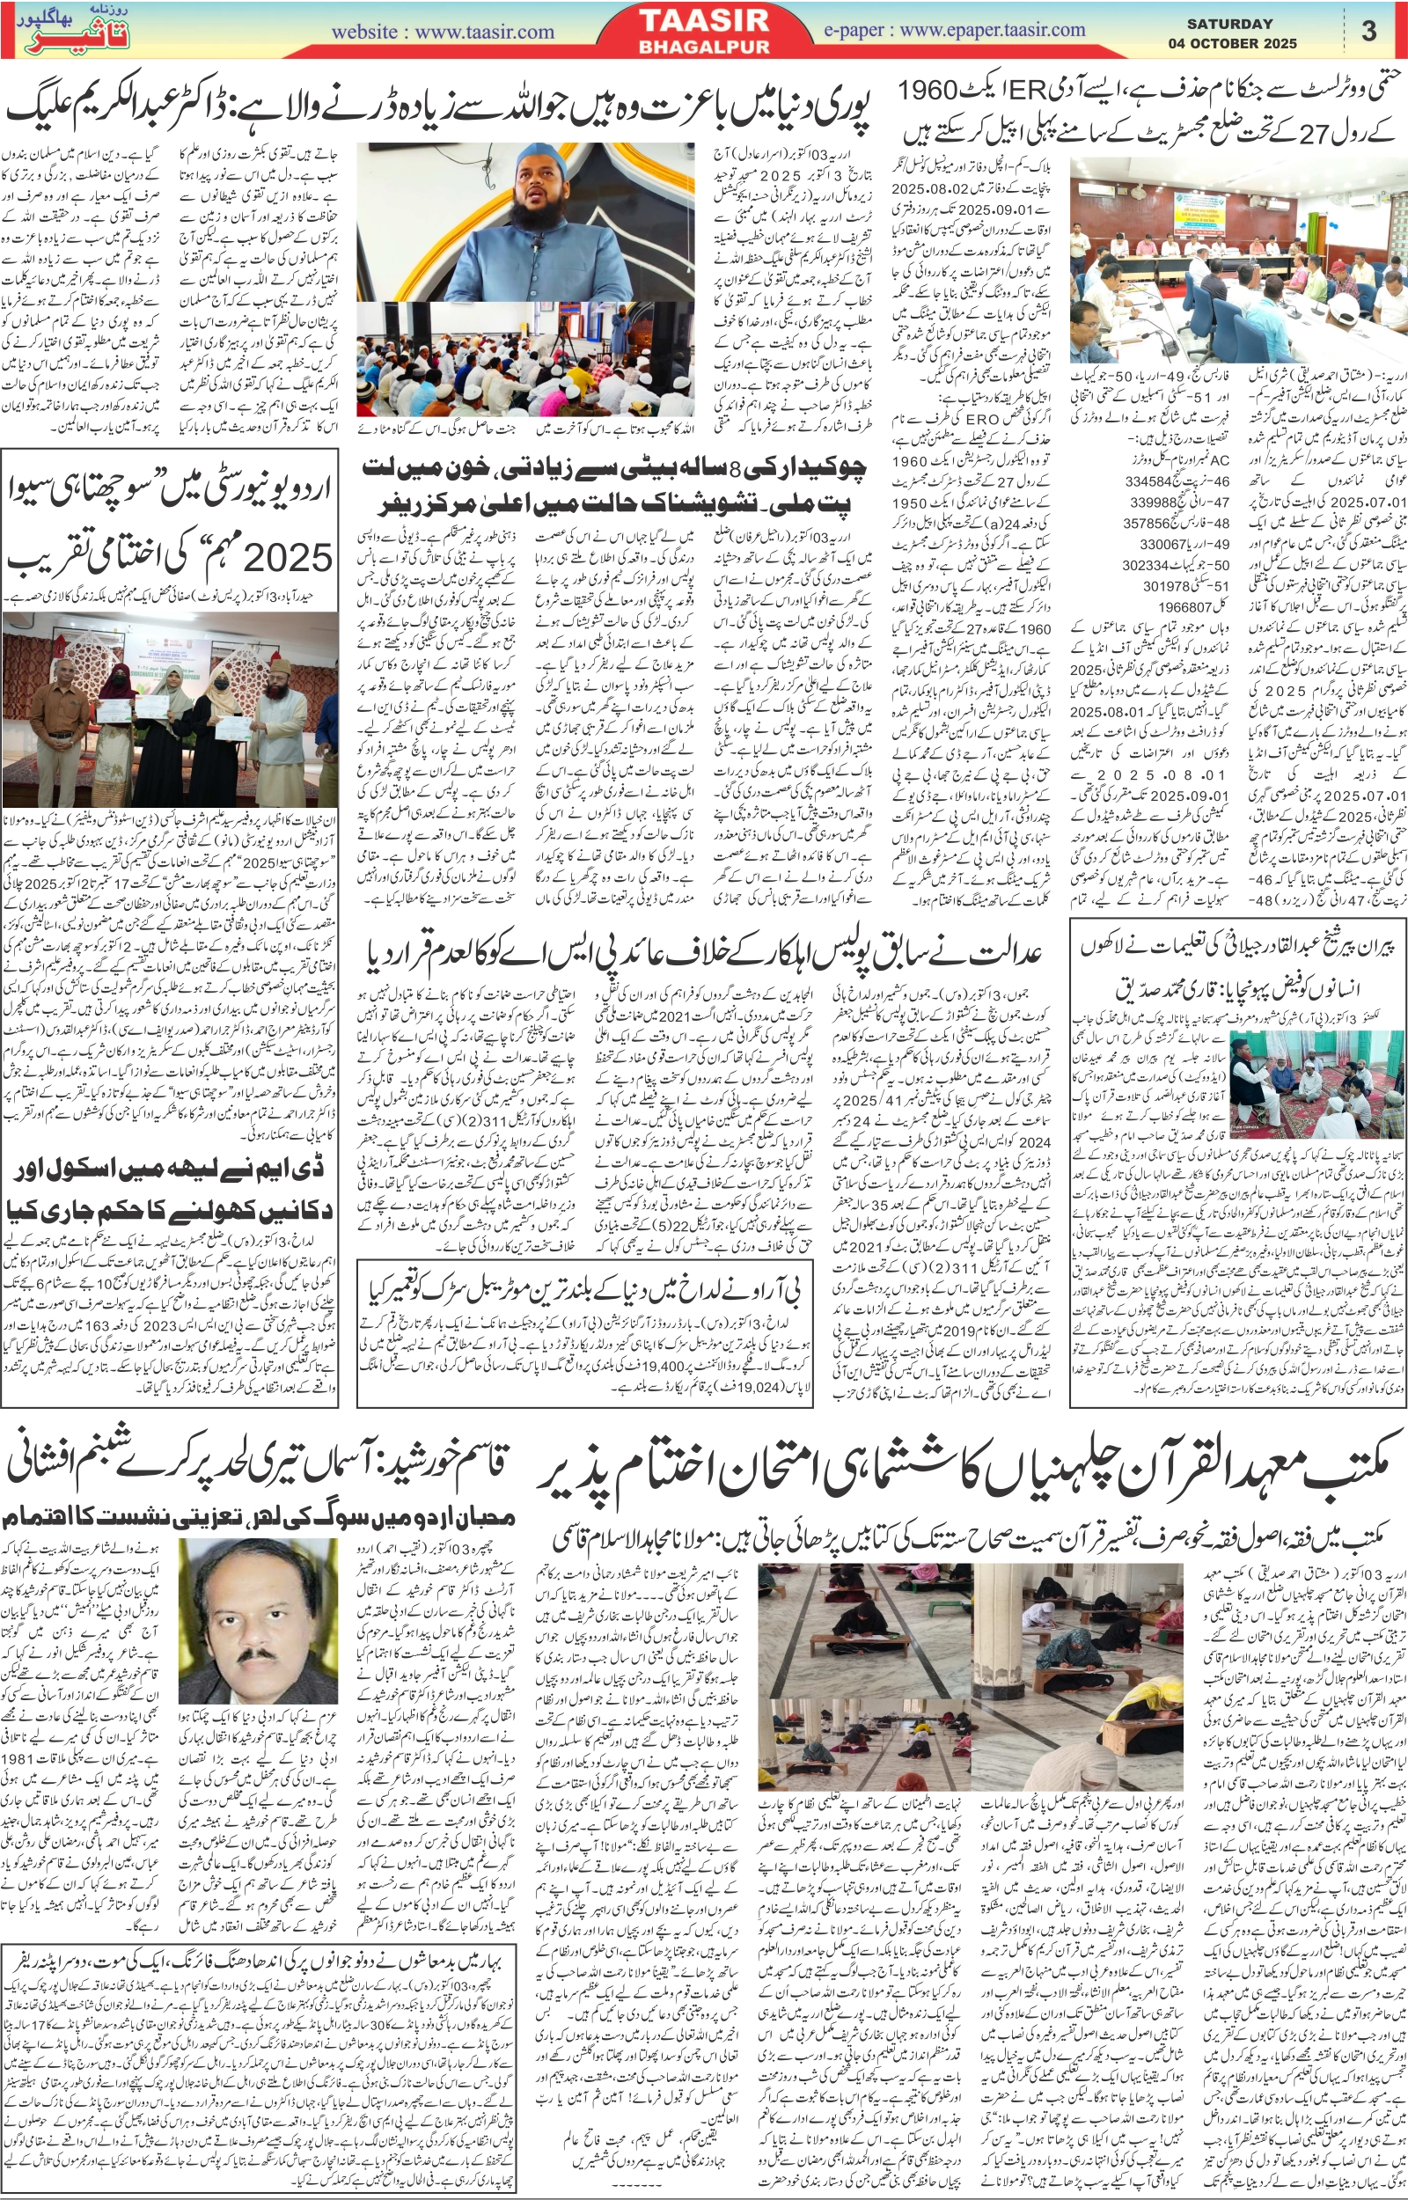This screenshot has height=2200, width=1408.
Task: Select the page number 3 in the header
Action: pyautogui.click(x=1368, y=31)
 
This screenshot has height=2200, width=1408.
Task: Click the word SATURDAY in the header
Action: pyautogui.click(x=1229, y=24)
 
